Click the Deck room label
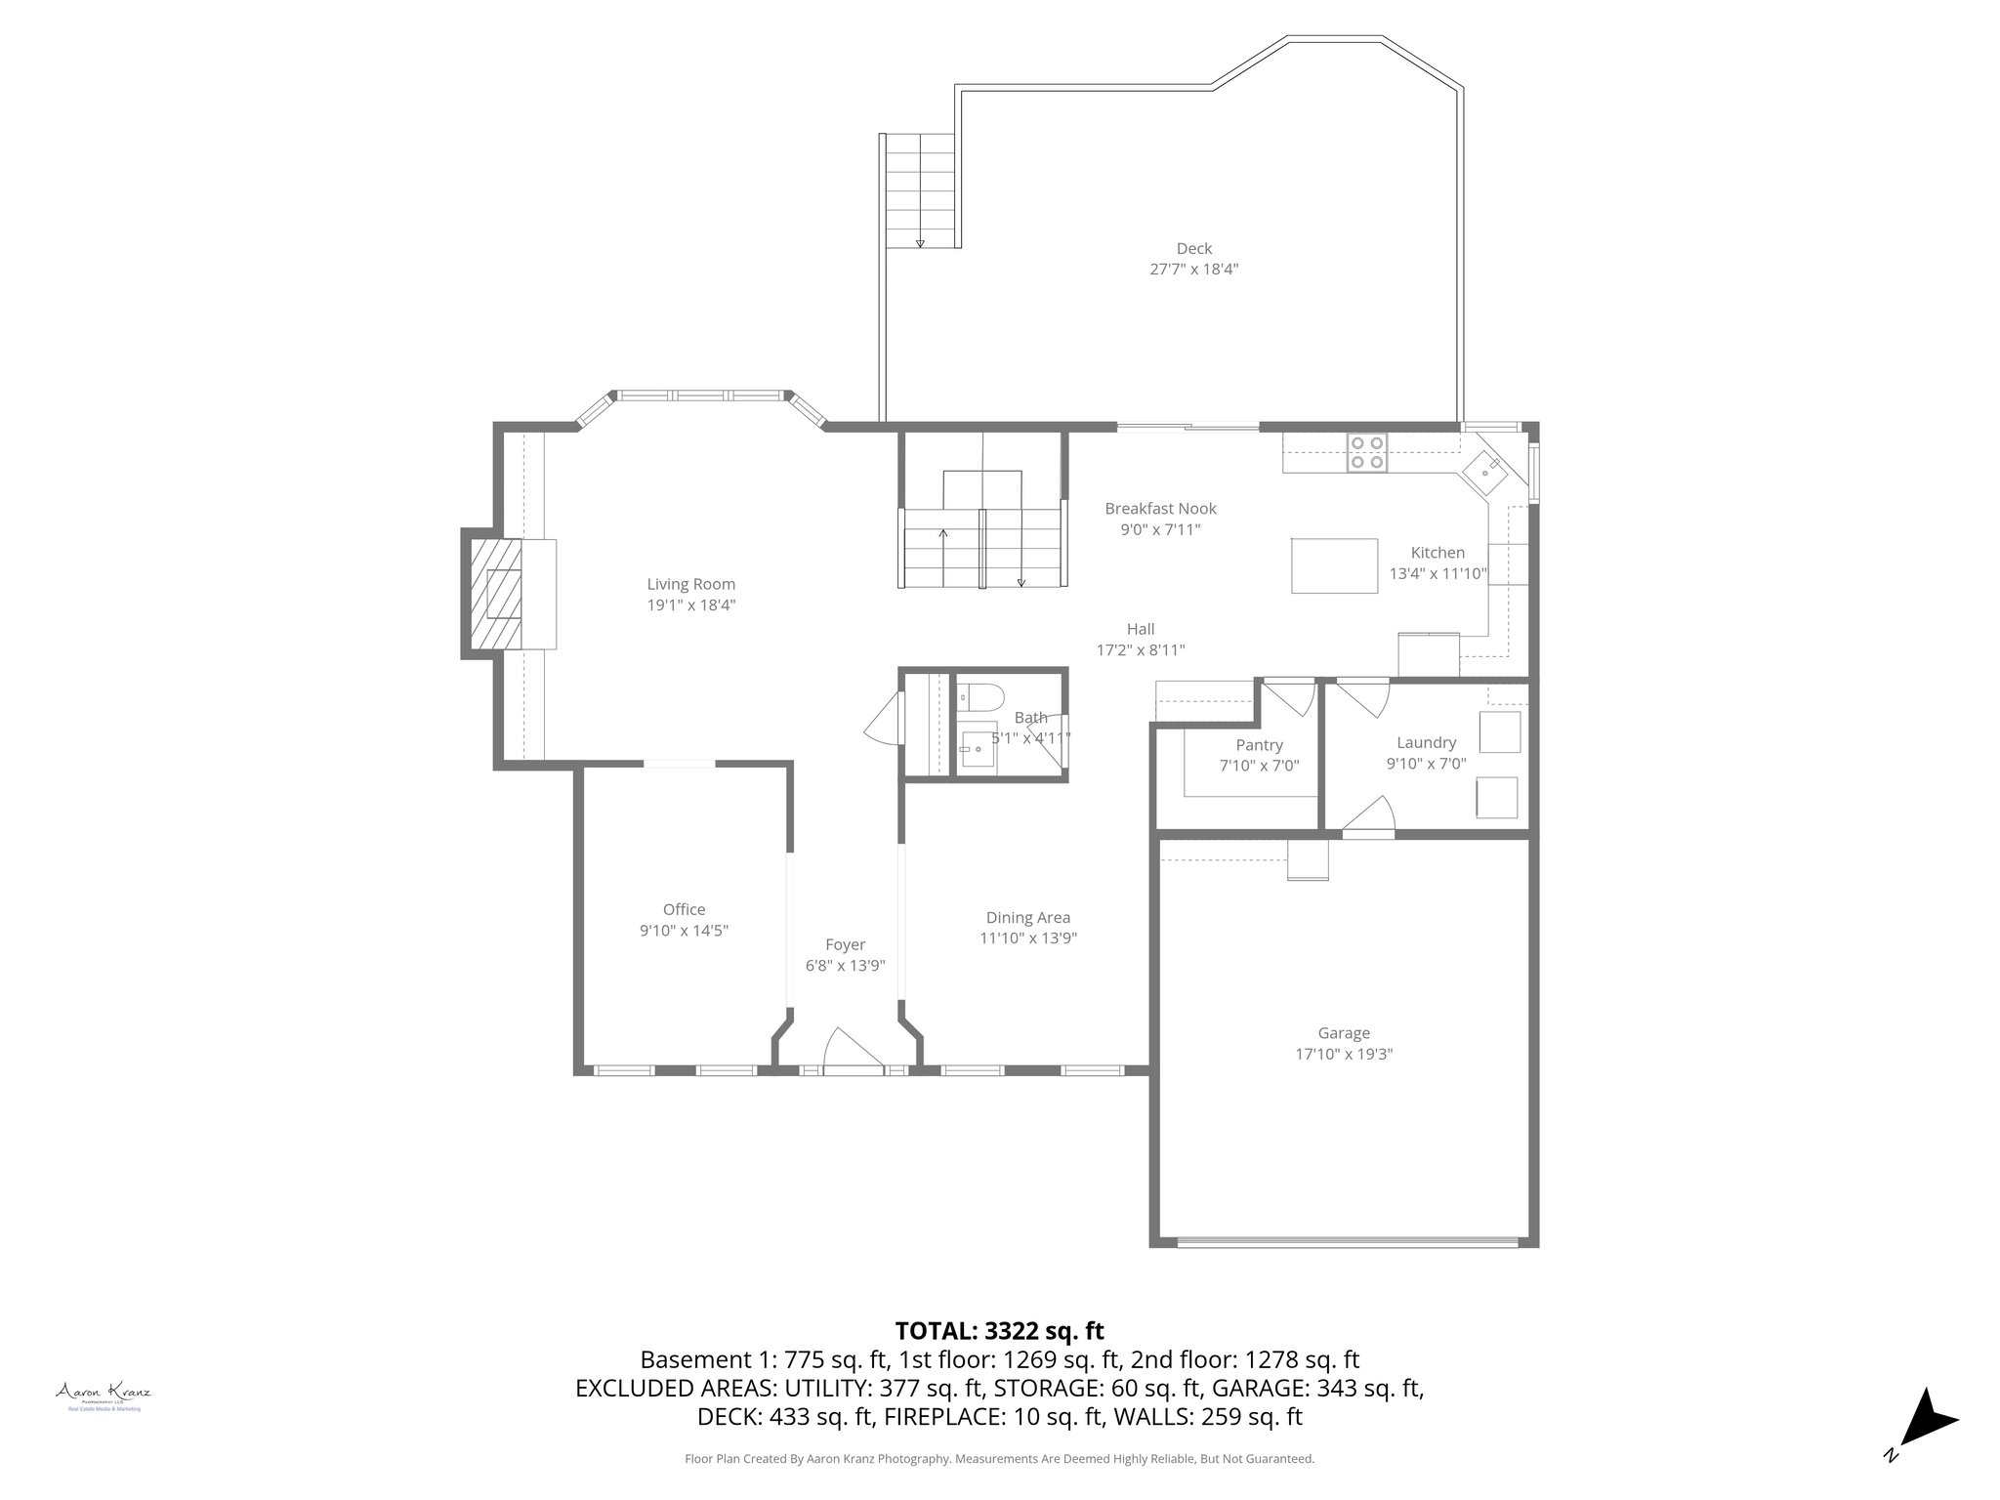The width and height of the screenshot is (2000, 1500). (1193, 249)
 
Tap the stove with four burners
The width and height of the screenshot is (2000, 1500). (1366, 453)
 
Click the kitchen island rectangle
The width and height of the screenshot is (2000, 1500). (1334, 565)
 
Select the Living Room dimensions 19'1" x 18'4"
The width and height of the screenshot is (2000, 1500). (690, 605)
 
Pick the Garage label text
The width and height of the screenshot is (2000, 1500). (1344, 1033)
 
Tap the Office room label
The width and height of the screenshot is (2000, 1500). (684, 909)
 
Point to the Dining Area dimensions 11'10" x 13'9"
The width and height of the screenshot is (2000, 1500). (1028, 938)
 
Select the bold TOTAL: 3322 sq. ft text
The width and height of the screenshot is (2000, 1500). (999, 1331)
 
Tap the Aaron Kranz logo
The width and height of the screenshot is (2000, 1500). (103, 1395)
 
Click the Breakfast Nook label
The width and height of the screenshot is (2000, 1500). (1160, 509)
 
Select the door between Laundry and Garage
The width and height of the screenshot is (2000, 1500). (1369, 818)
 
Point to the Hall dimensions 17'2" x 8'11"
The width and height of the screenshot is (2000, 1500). (1141, 650)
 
